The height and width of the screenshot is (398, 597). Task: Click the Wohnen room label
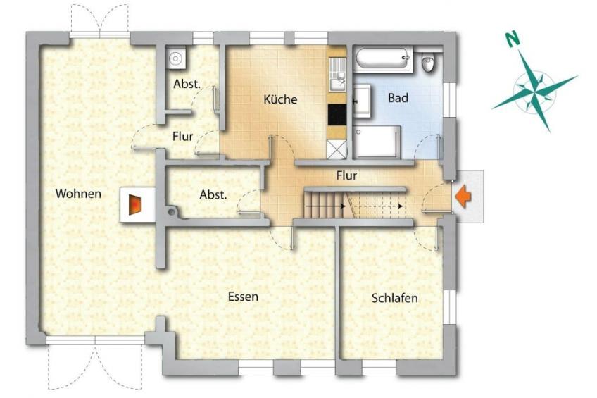tap(78, 194)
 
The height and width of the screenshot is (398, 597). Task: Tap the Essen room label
tap(243, 297)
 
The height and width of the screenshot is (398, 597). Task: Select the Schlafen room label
tap(394, 298)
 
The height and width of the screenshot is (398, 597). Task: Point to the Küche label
tap(280, 99)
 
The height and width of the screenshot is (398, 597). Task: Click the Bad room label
tap(398, 98)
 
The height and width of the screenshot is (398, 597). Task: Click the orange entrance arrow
tap(463, 197)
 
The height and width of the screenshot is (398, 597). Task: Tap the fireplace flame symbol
tap(135, 204)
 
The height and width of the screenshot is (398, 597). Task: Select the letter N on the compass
tap(513, 39)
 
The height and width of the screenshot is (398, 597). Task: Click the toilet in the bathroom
tap(429, 62)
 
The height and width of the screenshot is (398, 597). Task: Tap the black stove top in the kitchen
tap(337, 115)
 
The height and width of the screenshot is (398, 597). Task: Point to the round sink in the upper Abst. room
tap(175, 58)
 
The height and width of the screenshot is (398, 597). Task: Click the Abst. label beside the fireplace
tap(213, 195)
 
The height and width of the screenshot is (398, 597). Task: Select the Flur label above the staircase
tap(346, 175)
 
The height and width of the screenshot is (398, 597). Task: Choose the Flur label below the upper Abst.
tap(183, 137)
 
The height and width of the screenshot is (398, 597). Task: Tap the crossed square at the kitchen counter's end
tap(337, 149)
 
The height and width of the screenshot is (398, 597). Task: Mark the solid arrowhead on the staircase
tap(343, 206)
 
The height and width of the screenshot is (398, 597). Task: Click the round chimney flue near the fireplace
tap(172, 211)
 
